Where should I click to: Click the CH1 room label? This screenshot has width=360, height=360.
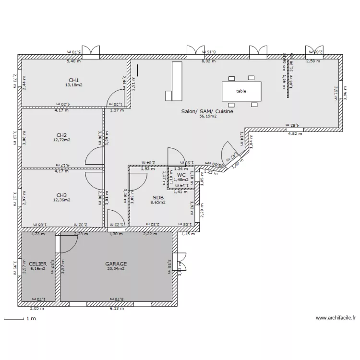[x=73, y=80]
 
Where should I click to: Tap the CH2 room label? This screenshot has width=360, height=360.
[x=61, y=135]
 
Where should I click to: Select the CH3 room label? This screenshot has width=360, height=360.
[x=61, y=195]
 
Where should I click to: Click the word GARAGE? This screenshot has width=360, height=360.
[x=116, y=264]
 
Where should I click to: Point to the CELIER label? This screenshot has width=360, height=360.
[x=37, y=264]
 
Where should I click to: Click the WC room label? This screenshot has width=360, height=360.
[x=181, y=175]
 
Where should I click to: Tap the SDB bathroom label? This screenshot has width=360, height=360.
[x=158, y=197]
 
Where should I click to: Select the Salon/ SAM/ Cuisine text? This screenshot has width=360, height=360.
[x=207, y=111]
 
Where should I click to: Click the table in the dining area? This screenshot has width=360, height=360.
[x=241, y=91]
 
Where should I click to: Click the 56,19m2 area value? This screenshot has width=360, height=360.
[x=207, y=116]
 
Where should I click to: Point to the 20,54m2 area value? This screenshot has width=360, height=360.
[x=116, y=269]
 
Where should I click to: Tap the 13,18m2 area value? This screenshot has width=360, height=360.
[x=73, y=85]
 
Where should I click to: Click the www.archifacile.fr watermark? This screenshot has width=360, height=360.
[x=336, y=318]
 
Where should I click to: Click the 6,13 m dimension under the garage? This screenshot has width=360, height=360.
[x=117, y=309]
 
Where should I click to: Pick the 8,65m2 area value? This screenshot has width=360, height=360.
[x=158, y=203]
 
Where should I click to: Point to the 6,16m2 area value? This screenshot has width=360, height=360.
[x=37, y=269]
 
